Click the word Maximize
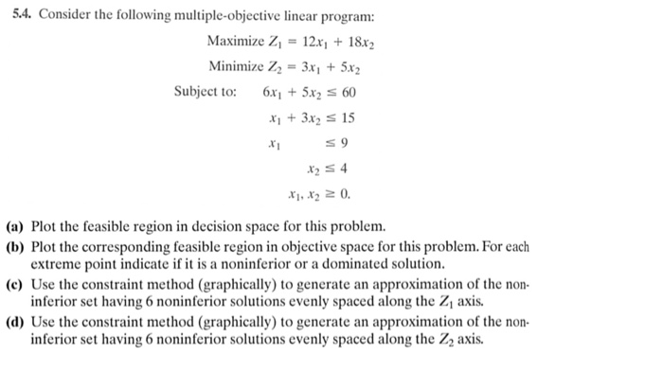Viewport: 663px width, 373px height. pos(236,44)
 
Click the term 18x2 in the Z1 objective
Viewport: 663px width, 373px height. pos(350,44)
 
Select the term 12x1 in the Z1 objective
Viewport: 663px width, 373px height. pos(304,44)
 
